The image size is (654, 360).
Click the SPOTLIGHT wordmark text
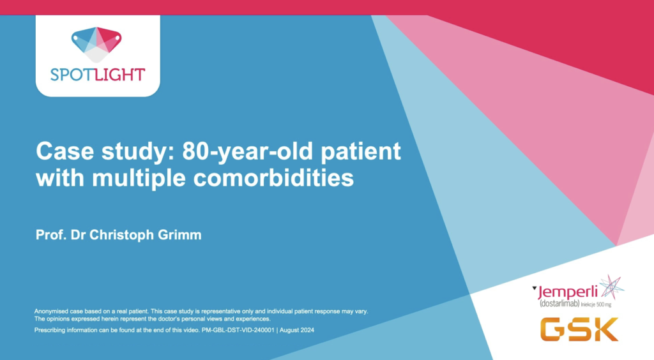tap(98, 75)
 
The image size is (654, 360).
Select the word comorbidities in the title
tap(273, 178)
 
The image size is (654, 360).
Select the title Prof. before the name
tap(51, 235)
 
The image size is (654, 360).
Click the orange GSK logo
tap(579, 329)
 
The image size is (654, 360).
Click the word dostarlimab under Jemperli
tap(559, 304)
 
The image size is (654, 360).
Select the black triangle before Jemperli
tap(535, 287)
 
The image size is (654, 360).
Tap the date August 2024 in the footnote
tap(297, 330)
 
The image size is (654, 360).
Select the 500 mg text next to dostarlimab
tap(604, 304)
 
